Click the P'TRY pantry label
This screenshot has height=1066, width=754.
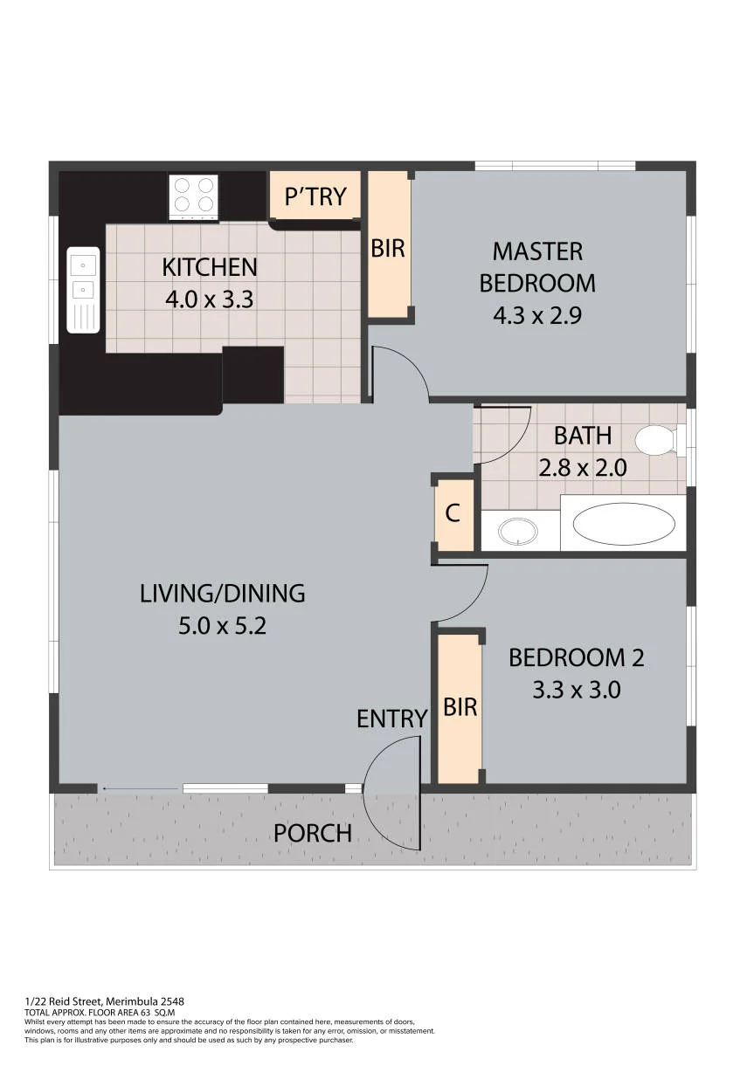(315, 196)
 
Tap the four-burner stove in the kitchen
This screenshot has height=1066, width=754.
(193, 197)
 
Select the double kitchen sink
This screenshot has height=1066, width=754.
(83, 289)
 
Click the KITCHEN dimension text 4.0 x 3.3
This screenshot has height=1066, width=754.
(209, 299)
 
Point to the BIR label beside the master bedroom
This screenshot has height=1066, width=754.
(388, 249)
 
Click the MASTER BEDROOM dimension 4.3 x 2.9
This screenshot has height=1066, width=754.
(537, 315)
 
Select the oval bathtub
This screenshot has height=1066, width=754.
(624, 525)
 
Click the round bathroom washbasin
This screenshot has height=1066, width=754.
(518, 531)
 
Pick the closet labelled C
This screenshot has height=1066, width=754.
(453, 514)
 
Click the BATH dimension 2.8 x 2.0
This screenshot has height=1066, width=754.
(583, 468)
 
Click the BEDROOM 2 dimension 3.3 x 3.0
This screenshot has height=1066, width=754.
(577, 690)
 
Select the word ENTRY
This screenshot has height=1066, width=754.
(392, 719)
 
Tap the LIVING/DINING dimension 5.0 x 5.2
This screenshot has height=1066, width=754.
(222, 626)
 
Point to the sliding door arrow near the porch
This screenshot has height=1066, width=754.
(141, 788)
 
